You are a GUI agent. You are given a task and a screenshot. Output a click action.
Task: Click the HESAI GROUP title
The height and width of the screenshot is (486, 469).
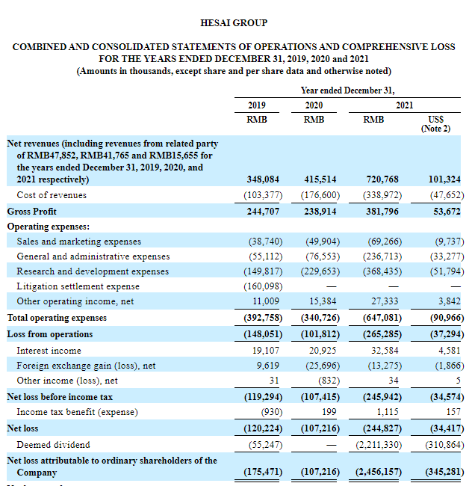pos(234,23)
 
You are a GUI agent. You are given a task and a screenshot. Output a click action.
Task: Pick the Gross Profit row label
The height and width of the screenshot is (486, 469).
pos(32,212)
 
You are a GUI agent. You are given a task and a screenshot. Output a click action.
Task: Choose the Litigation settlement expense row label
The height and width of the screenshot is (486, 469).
pos(78,286)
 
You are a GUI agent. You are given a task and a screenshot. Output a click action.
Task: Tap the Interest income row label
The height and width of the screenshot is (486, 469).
pos(49,351)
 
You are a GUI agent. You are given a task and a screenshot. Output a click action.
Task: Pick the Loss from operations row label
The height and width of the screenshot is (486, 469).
pos(50,334)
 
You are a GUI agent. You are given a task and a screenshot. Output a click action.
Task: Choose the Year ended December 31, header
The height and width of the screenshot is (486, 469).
pos(347,90)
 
